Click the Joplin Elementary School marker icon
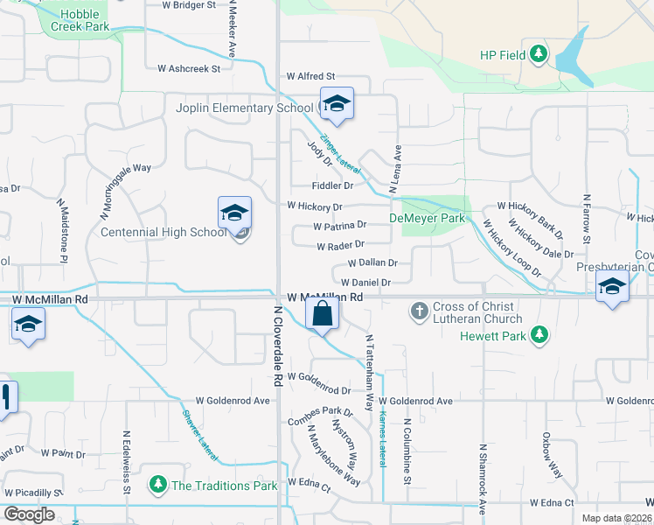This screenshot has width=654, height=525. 337,105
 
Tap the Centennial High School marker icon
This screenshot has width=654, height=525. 234,213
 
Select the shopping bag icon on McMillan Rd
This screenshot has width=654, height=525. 323,312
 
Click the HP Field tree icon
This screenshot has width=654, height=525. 539,55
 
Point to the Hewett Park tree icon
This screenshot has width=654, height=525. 540,335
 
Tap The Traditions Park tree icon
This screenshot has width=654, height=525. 158,485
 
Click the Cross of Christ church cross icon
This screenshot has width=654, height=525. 420,310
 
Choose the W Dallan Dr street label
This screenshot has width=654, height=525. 372,262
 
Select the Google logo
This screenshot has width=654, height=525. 29,514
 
